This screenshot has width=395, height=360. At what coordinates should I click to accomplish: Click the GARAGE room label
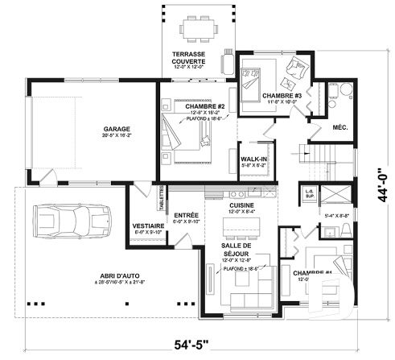[x=117, y=129]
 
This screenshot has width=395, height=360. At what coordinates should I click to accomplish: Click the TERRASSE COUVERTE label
[x=191, y=58]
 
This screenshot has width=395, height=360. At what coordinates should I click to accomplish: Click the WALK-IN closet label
[x=253, y=159]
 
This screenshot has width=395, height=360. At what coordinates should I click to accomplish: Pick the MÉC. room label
[x=340, y=128]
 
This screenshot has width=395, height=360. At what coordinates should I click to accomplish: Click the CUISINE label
[x=241, y=205]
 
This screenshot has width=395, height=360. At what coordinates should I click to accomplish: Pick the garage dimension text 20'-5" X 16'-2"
[x=117, y=138]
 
